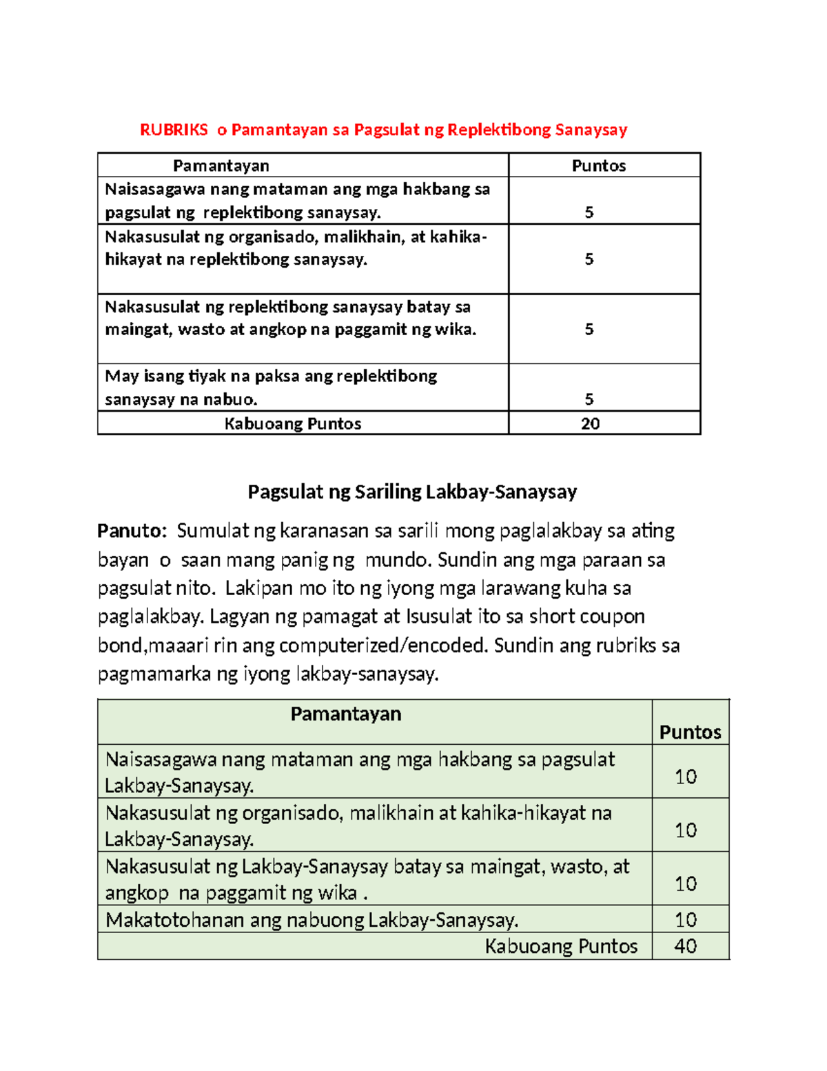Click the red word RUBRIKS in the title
pyautogui.click(x=174, y=130)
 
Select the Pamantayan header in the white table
pyautogui.click(x=221, y=166)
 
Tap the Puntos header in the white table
pyautogui.click(x=598, y=166)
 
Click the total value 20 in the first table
pyautogui.click(x=590, y=423)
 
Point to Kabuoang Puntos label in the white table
pyautogui.click(x=293, y=423)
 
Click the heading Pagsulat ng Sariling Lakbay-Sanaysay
pyautogui.click(x=412, y=492)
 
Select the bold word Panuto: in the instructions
pyautogui.click(x=132, y=530)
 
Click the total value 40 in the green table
pyautogui.click(x=685, y=946)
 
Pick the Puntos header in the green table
pyautogui.click(x=690, y=732)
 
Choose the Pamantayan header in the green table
pyautogui.click(x=345, y=714)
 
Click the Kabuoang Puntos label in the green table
pyautogui.click(x=561, y=946)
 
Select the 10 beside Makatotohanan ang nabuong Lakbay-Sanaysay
pyautogui.click(x=686, y=919)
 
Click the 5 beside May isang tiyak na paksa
pyautogui.click(x=589, y=399)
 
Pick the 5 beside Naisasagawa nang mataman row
pyautogui.click(x=589, y=212)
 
